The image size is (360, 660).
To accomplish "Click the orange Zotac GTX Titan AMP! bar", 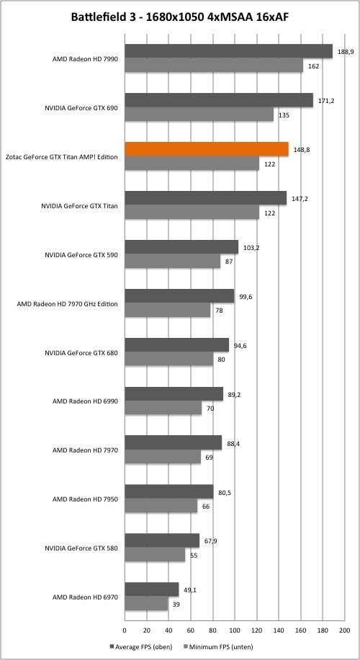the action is tap(207, 149).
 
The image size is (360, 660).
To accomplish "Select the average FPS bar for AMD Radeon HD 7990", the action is tap(229, 51).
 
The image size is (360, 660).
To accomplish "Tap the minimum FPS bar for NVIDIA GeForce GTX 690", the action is tap(199, 114).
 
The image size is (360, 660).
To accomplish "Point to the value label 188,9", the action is tap(346, 51).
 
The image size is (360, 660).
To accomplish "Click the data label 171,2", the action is tap(326, 101).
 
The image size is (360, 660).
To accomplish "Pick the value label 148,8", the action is tap(302, 149).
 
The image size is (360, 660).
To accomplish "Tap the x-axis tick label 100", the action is tap(235, 630).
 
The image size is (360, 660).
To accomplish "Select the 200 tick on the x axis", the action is tap(345, 630).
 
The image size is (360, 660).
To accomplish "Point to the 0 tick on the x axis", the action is tap(125, 630).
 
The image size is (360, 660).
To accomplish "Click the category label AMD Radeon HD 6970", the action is tap(85, 597).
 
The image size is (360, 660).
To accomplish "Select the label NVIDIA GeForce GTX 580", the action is tap(81, 548).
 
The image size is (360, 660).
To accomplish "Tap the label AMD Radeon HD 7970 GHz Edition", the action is tap(67, 303).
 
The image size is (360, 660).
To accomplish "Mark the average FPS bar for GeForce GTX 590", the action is tap(181, 247).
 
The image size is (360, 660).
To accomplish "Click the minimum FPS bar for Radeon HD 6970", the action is tap(146, 604).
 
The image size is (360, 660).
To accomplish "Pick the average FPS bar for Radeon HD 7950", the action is tap(169, 492).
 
